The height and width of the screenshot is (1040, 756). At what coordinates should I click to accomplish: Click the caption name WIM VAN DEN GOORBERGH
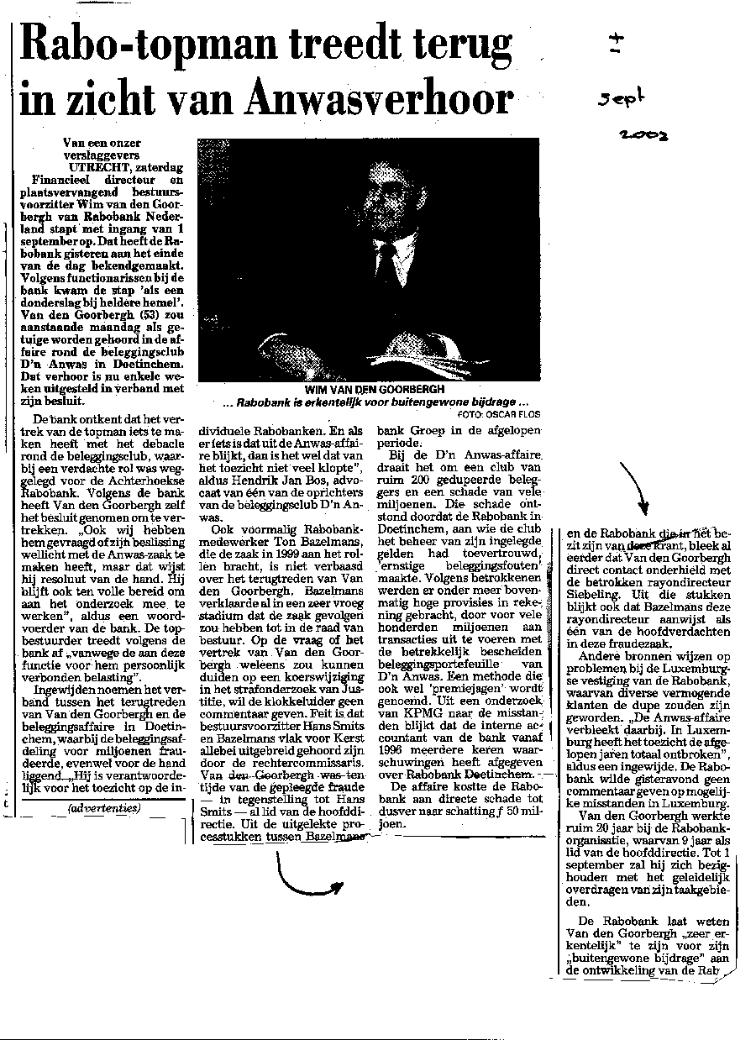tap(368, 390)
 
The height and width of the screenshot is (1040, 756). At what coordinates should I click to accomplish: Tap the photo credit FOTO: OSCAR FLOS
tap(499, 413)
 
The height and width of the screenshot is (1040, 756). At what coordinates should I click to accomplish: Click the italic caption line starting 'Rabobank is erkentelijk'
tap(368, 403)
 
